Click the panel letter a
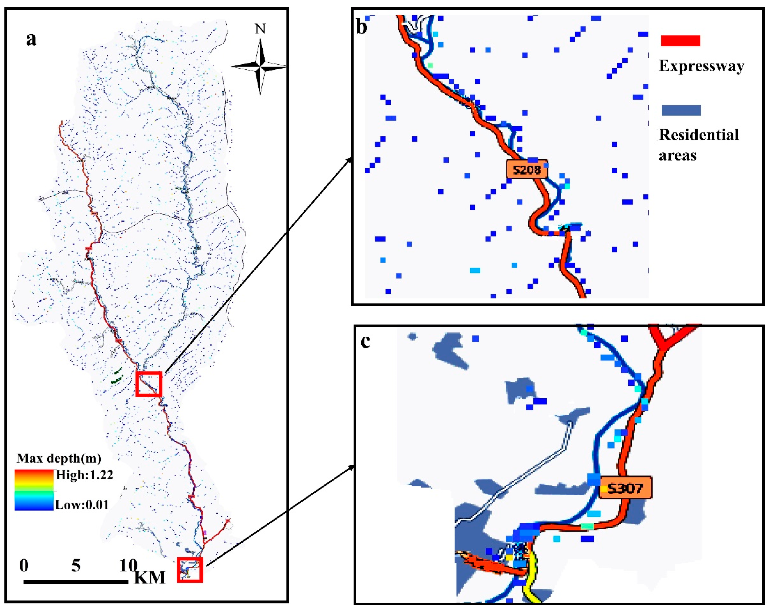31,39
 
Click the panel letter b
362,27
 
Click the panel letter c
365,342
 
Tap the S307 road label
625,488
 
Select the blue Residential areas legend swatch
681,110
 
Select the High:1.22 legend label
84,475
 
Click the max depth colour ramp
34,489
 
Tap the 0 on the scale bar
24,566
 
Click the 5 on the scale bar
76,566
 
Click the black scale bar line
76,582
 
